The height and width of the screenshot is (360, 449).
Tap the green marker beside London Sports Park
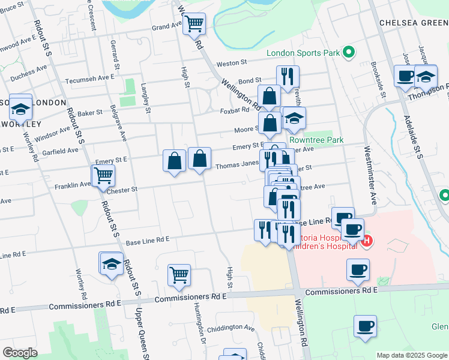pyautogui.click(x=348, y=53)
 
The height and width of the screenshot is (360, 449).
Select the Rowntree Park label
pyautogui.click(x=316, y=140)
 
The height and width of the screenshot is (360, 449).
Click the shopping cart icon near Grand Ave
pyautogui.click(x=194, y=25)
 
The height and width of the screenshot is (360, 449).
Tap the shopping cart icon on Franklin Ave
pyautogui.click(x=103, y=175)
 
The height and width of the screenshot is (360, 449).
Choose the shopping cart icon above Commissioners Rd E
pyautogui.click(x=179, y=275)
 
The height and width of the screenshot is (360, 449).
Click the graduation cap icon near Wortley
pyautogui.click(x=20, y=109)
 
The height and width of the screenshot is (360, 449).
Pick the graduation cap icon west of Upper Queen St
pyautogui.click(x=112, y=263)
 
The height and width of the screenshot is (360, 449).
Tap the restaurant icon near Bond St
pyautogui.click(x=288, y=76)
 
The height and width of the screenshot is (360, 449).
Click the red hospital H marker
pyautogui.click(x=367, y=241)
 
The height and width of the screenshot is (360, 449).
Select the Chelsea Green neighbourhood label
pyautogui.click(x=414, y=22)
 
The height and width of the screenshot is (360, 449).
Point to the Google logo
pyautogui.click(x=20, y=353)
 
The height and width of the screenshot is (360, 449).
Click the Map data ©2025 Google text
pyautogui.click(x=411, y=355)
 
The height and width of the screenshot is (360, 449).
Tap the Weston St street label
pyautogui.click(x=232, y=63)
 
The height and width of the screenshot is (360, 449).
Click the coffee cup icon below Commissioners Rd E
pyautogui.click(x=365, y=326)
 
